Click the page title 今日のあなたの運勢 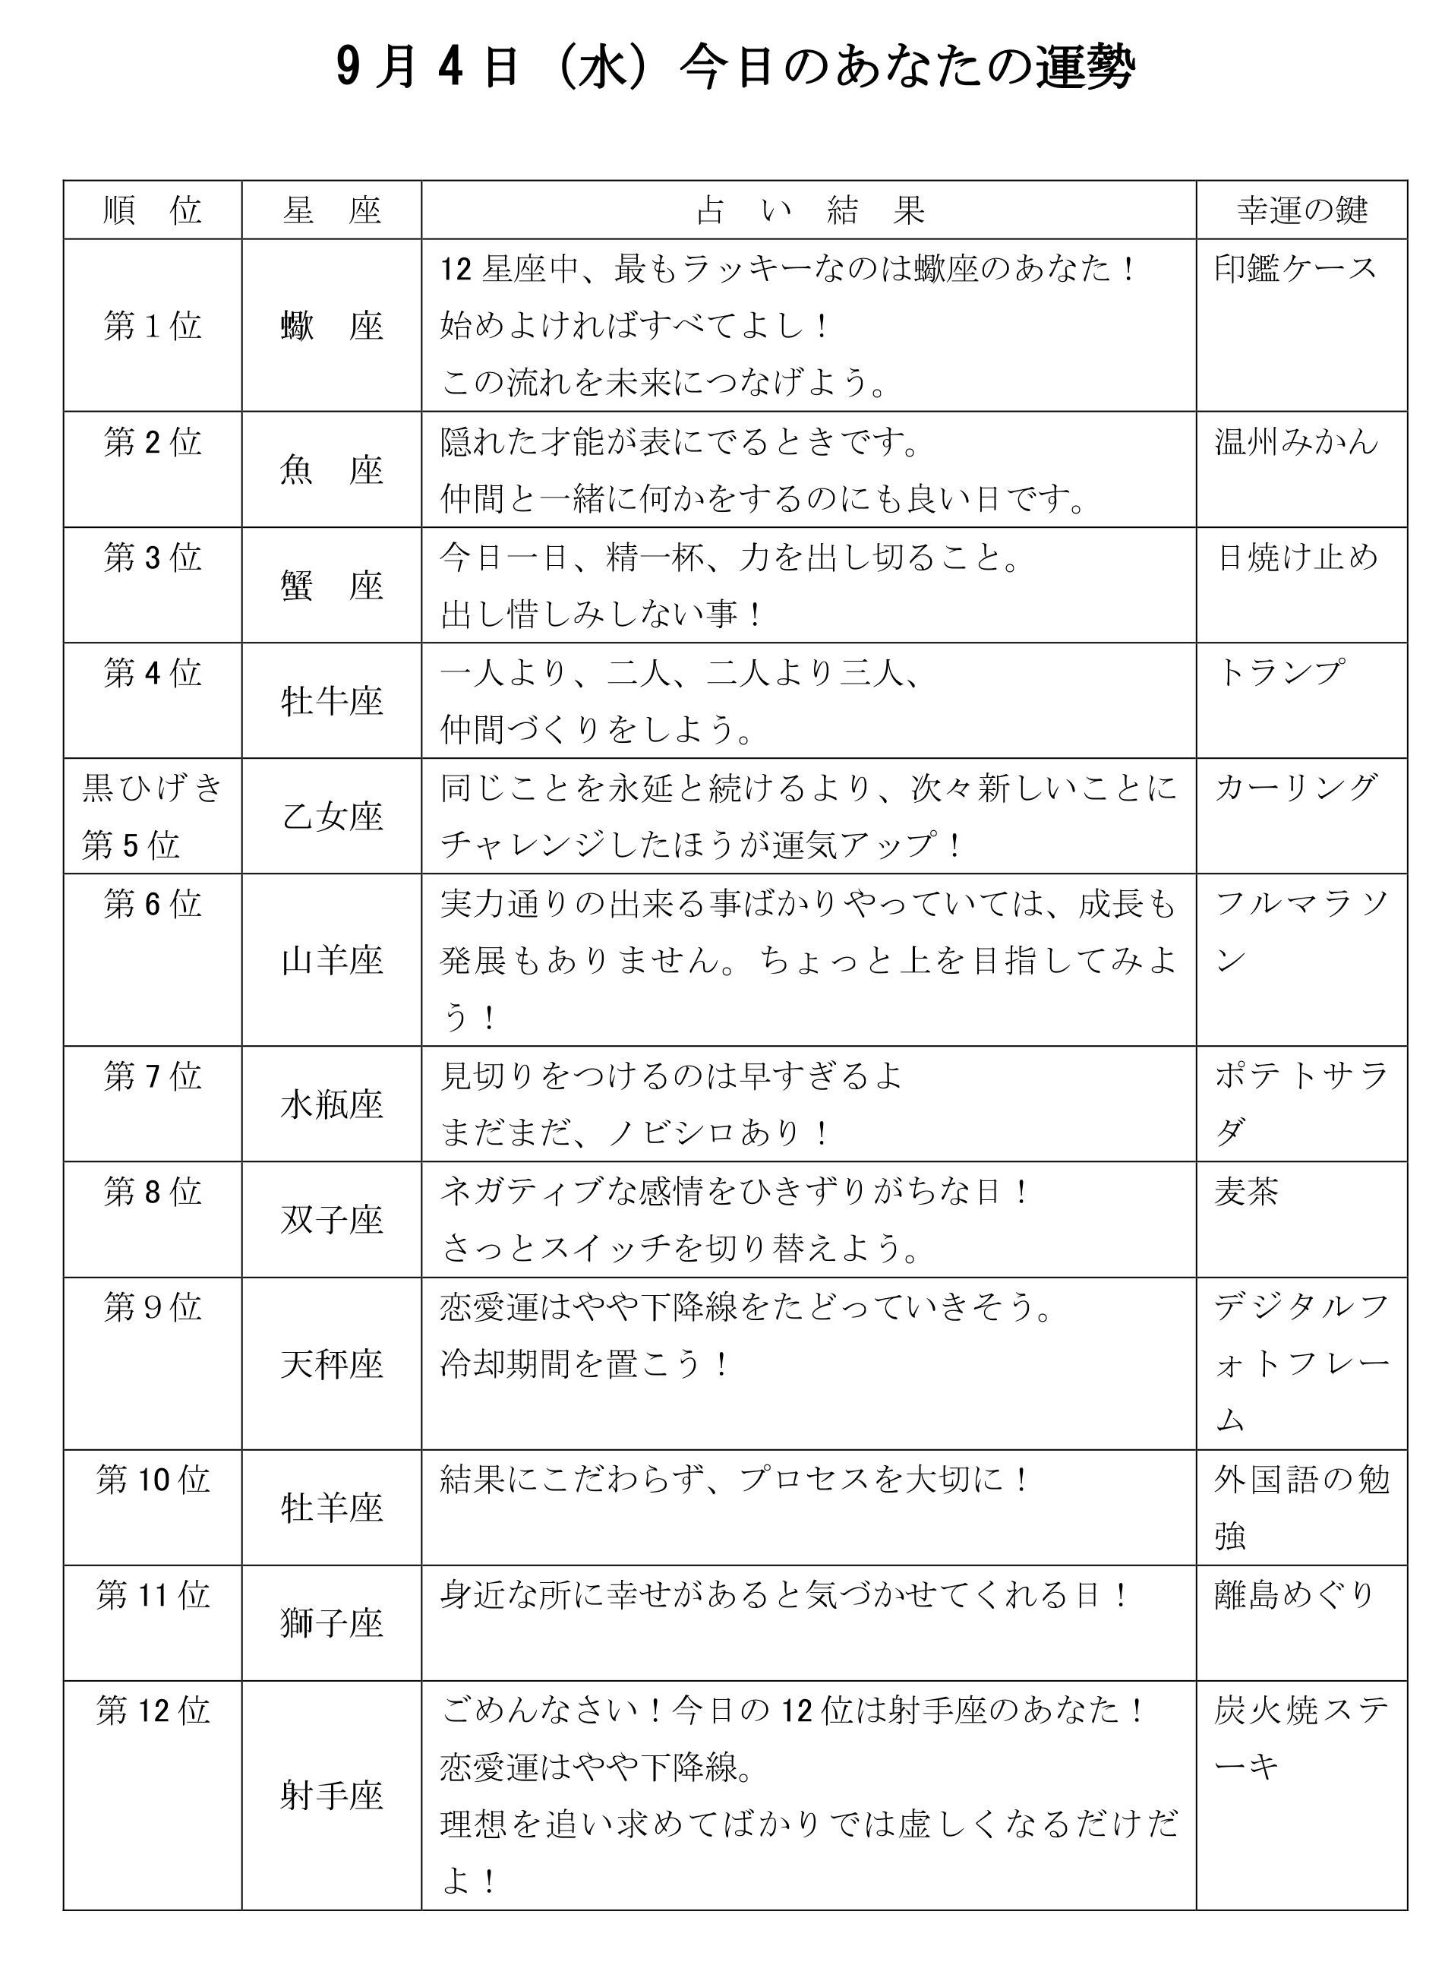(735, 68)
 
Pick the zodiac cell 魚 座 (332, 471)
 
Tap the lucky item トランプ (1279, 673)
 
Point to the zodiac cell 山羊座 (332, 961)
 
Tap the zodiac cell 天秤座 (332, 1364)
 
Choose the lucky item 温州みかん (1296, 442)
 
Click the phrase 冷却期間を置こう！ (584, 1364)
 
